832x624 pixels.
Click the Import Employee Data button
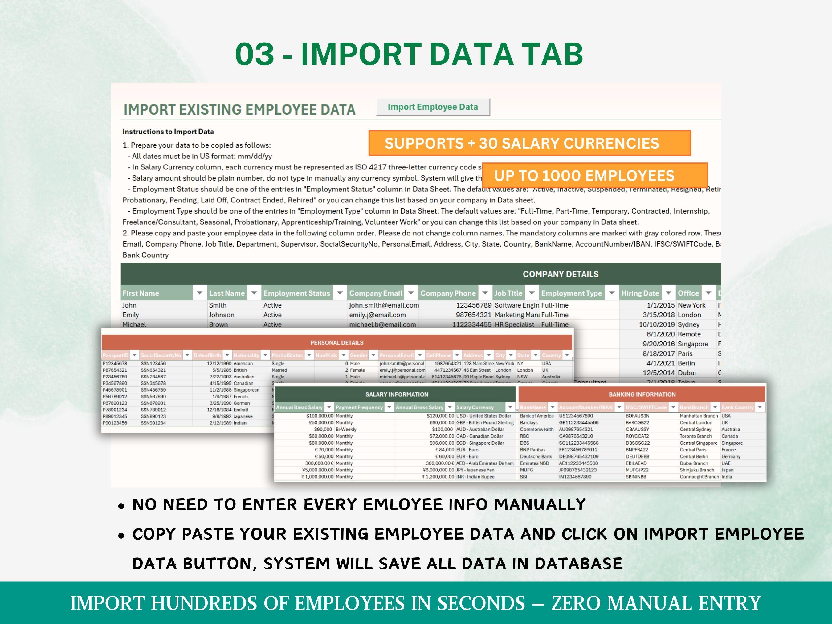(433, 107)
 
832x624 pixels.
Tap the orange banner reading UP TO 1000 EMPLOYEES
(594, 176)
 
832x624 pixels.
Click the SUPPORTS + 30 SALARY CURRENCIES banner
(529, 143)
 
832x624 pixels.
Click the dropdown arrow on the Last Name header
(254, 293)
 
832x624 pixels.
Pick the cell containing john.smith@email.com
(383, 305)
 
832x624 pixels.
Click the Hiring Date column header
(640, 293)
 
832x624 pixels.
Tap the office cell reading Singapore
(692, 344)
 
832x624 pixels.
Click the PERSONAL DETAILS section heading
(336, 343)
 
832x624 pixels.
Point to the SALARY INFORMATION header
(397, 394)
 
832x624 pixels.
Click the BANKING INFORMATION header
(642, 394)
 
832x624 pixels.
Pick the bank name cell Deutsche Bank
(536, 457)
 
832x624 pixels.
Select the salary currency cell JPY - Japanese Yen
(475, 470)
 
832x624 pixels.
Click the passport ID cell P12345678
(115, 364)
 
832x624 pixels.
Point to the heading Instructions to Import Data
(168, 132)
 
